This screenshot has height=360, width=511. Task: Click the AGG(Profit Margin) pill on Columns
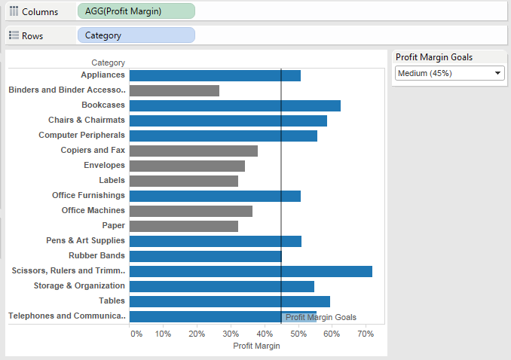pos(136,11)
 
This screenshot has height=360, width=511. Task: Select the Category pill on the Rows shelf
pos(136,35)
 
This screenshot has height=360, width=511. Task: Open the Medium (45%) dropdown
pos(450,73)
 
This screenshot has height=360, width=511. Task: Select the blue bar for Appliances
pos(215,75)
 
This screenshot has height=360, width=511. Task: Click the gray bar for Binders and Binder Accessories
pos(174,90)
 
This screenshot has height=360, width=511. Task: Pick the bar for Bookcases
pos(234,105)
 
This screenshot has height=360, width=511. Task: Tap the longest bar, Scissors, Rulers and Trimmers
pos(250,271)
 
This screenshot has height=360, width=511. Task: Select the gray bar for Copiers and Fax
pos(193,151)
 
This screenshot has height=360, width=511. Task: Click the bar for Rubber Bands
pos(205,256)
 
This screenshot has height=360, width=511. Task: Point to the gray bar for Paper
pos(183,226)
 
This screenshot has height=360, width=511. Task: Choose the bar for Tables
pos(229,301)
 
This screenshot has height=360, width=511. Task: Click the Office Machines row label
pos(93,211)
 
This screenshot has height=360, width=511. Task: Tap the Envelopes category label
pos(104,166)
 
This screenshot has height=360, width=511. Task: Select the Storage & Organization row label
pos(79,286)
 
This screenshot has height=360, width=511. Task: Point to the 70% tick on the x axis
pos(365,333)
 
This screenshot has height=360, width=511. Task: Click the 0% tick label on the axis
pos(136,333)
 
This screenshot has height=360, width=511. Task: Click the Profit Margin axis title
pos(256,346)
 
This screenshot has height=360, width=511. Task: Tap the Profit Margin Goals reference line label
pos(320,318)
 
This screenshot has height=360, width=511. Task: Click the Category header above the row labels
pos(108,63)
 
